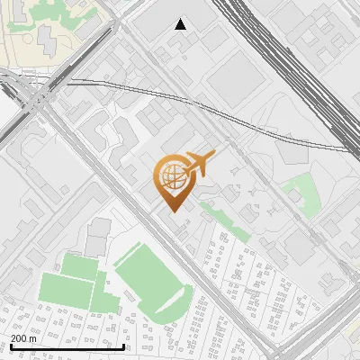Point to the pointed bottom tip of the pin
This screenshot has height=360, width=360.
(172, 211)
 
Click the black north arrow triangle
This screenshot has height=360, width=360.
(181, 24)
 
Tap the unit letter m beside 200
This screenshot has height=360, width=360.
(33, 337)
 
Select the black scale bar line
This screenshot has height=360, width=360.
(67, 346)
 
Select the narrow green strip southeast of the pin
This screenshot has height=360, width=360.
(224, 220)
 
